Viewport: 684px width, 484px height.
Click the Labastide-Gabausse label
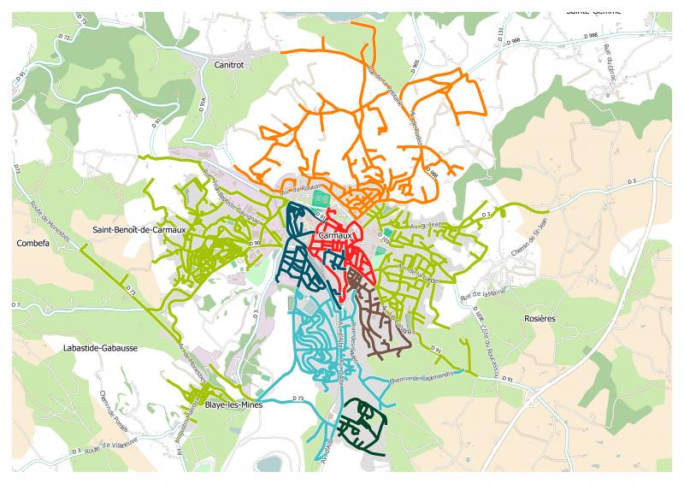point(100,349)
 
